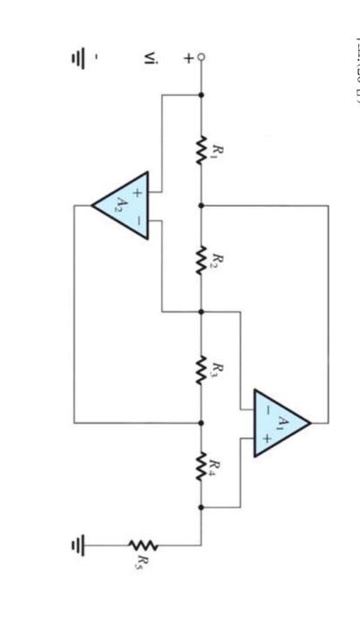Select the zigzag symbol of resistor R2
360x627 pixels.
tap(201, 259)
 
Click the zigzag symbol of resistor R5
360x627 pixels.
tap(141, 544)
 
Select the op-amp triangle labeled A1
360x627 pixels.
tap(279, 421)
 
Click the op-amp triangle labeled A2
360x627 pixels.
tap(122, 205)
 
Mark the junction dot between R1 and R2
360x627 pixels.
tap(201, 205)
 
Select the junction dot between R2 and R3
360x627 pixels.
tap(201, 312)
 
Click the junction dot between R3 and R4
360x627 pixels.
tap(201, 421)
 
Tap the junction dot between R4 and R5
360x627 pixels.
tap(201, 507)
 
